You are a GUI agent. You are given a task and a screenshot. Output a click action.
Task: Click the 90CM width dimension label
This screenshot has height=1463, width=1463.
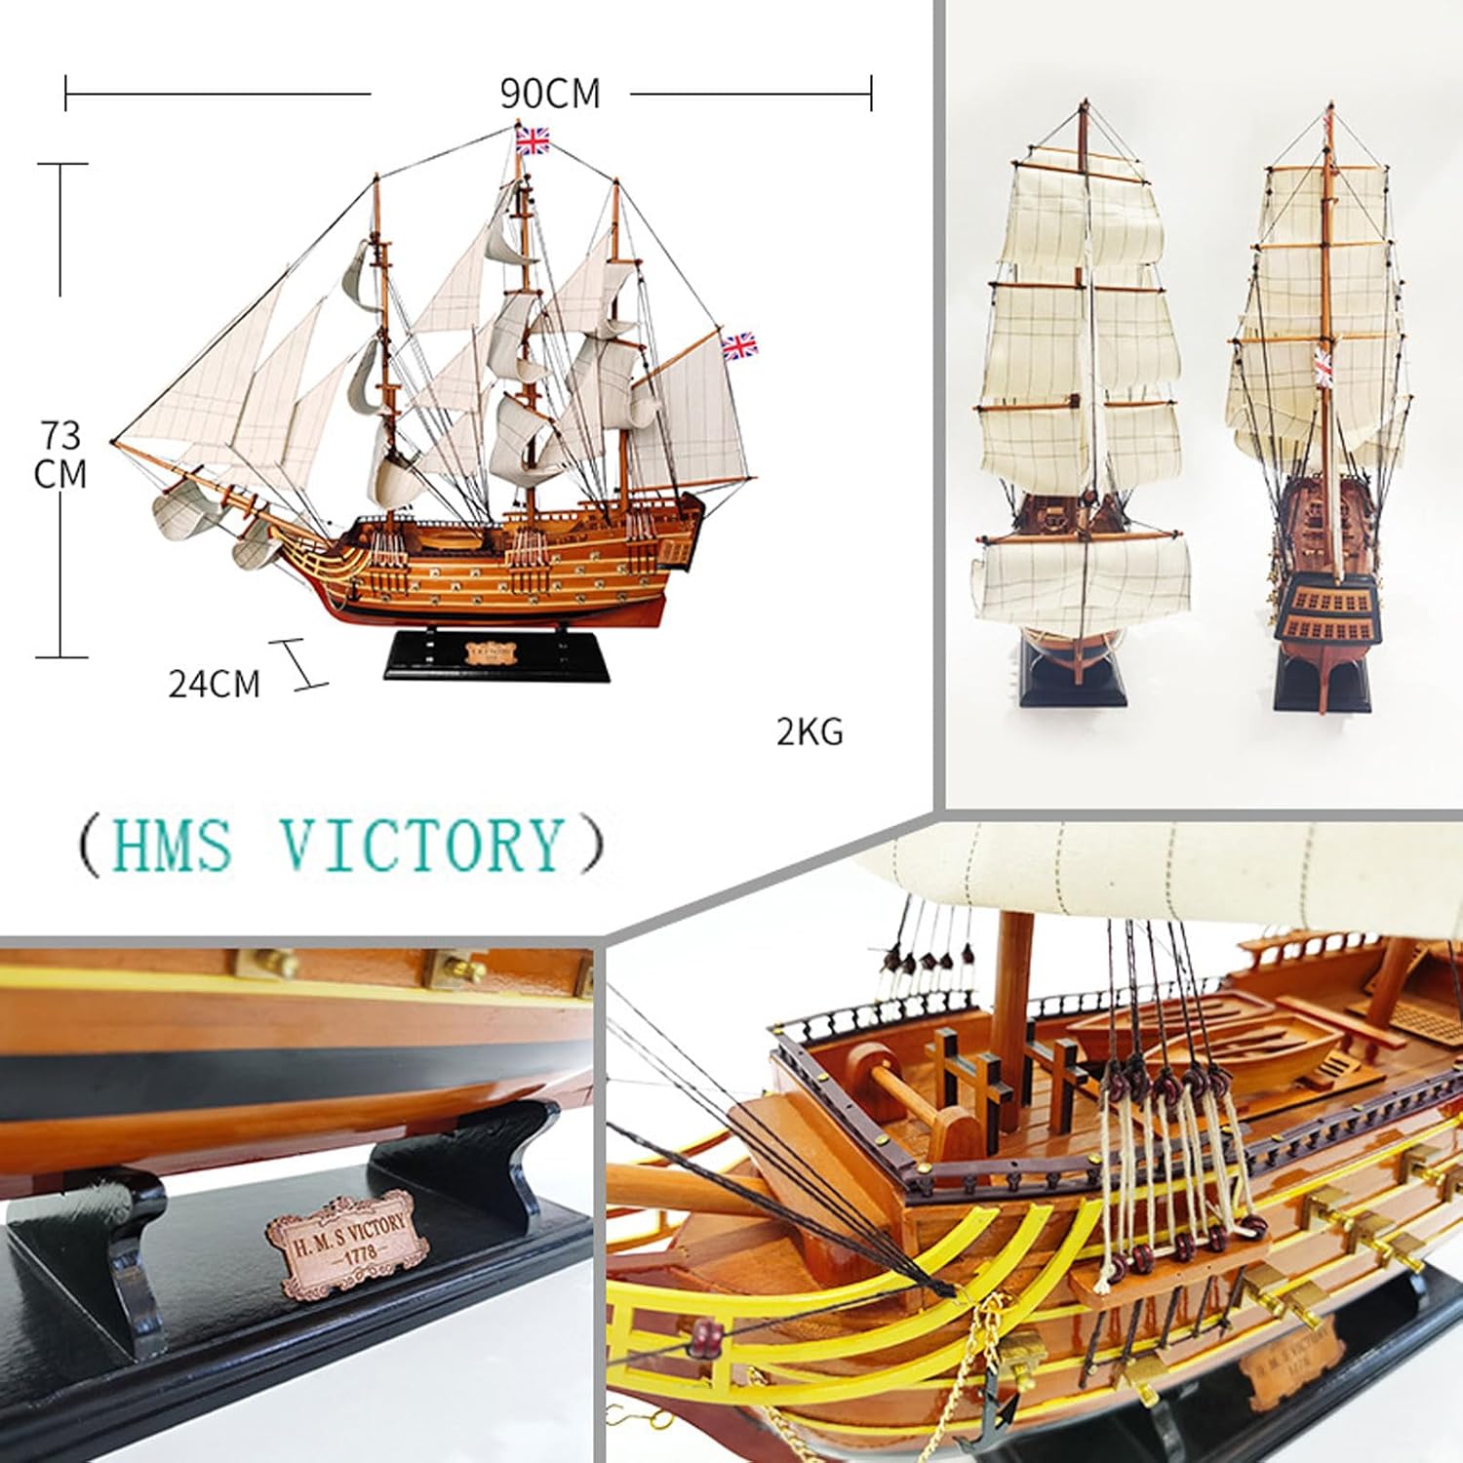(x=550, y=94)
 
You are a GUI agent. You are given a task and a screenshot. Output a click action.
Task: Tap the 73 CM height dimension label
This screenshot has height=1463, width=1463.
(x=60, y=454)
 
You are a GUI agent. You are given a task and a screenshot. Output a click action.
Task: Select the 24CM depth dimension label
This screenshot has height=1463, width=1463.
(x=215, y=684)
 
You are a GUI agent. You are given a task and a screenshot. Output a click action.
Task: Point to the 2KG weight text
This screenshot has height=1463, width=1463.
(x=810, y=731)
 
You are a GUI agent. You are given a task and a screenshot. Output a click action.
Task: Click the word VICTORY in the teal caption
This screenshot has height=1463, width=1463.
(x=422, y=845)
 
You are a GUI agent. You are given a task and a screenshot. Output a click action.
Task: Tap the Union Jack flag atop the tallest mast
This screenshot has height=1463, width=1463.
(x=533, y=141)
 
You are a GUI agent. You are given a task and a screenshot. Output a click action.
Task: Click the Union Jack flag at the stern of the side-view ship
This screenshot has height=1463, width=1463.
(x=738, y=344)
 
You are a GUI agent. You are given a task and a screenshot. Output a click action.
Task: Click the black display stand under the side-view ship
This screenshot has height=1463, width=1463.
(x=496, y=656)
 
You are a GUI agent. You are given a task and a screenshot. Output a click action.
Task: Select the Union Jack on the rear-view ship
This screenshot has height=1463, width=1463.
(x=1324, y=365)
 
